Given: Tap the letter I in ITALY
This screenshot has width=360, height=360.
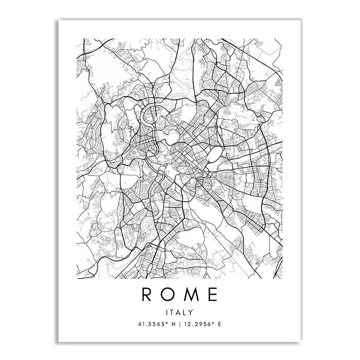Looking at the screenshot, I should pos(168,312).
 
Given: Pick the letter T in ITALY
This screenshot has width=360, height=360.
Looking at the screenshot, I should pos(173,312).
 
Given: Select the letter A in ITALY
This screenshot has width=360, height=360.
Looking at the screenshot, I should pos(180,312).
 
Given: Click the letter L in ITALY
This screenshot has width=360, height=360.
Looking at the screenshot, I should pos(186,312).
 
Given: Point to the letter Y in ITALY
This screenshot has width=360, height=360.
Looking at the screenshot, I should pos(192,312).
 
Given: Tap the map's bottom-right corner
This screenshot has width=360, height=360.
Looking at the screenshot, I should pos(282,279).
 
